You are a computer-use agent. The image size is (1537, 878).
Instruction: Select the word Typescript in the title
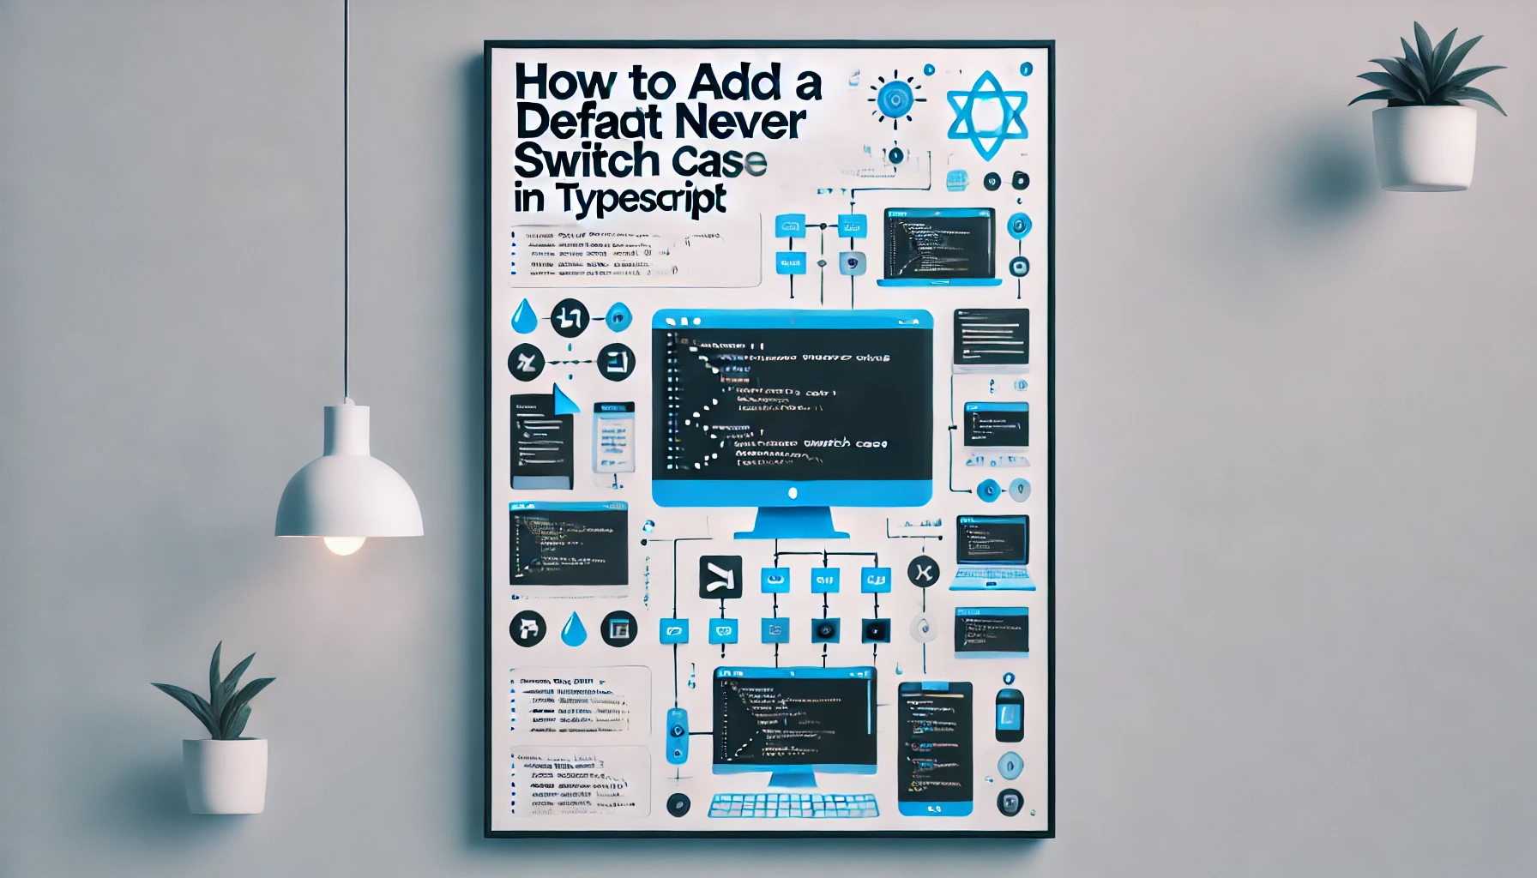coord(641,199)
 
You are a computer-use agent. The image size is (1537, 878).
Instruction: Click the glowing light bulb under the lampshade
coord(345,544)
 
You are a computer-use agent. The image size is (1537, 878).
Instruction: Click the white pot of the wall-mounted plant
coord(1424,147)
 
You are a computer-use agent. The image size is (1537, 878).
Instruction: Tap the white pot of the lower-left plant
coord(225,775)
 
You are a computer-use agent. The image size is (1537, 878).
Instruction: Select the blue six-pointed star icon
coord(987,115)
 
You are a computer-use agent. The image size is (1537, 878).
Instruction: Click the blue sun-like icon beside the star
coord(895,99)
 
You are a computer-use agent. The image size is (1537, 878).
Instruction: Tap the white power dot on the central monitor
coord(793,493)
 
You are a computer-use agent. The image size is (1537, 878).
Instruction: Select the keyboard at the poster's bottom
coord(793,806)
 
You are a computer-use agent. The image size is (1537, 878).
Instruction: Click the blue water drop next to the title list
coord(523,317)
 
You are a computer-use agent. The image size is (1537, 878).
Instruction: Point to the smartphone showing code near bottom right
coord(935,748)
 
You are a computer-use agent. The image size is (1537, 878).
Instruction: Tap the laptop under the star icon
coord(940,247)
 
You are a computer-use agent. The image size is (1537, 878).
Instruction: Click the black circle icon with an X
coord(923,572)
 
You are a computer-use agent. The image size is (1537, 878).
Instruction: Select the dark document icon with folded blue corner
coord(541,440)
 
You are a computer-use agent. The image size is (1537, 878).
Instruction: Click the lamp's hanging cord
coord(347,197)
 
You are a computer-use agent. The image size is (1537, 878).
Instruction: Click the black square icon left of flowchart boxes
coord(720,577)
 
